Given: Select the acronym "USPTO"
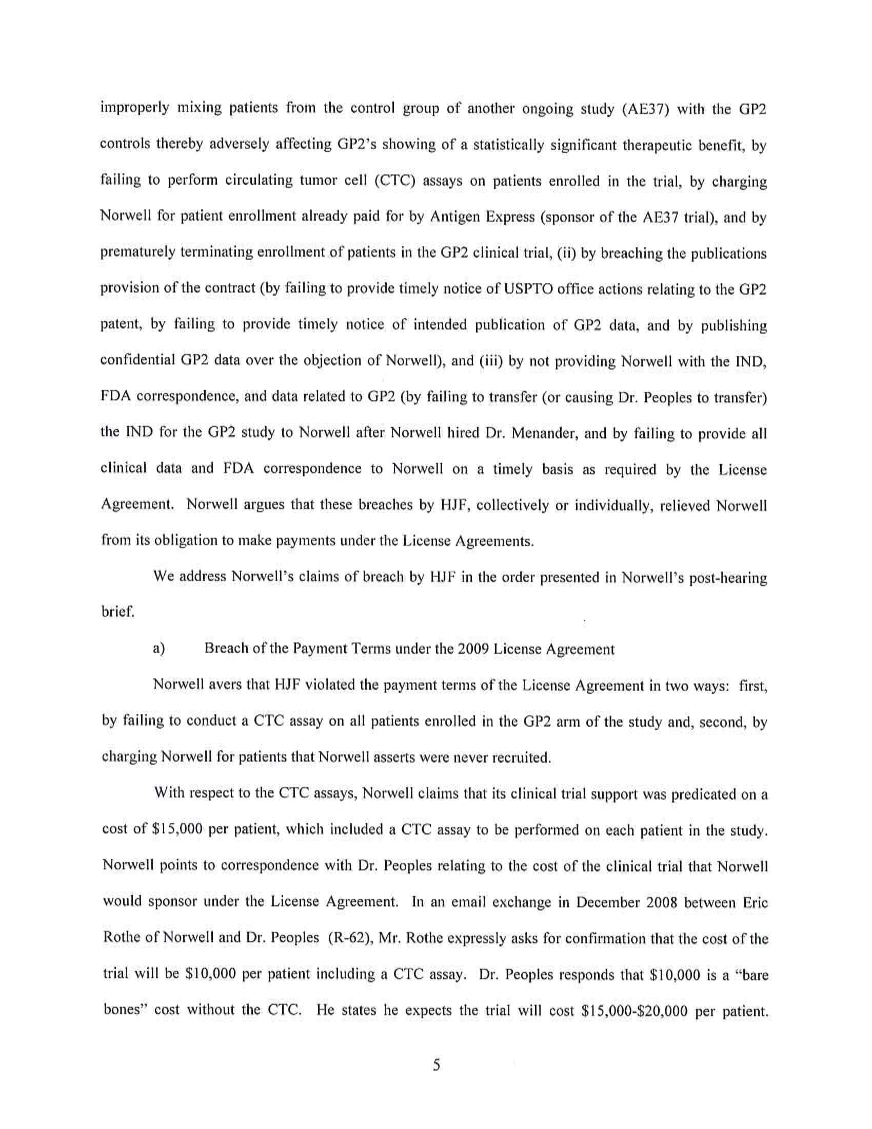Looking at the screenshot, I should click(x=528, y=288).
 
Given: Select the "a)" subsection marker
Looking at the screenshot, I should click(x=159, y=649).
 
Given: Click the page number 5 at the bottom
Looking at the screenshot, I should click(x=436, y=1065).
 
